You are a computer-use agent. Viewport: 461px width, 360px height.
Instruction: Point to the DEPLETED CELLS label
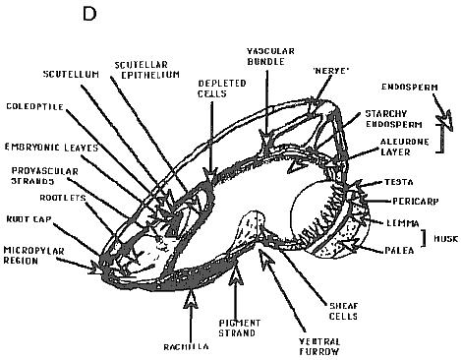pyautogui.click(x=219, y=90)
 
